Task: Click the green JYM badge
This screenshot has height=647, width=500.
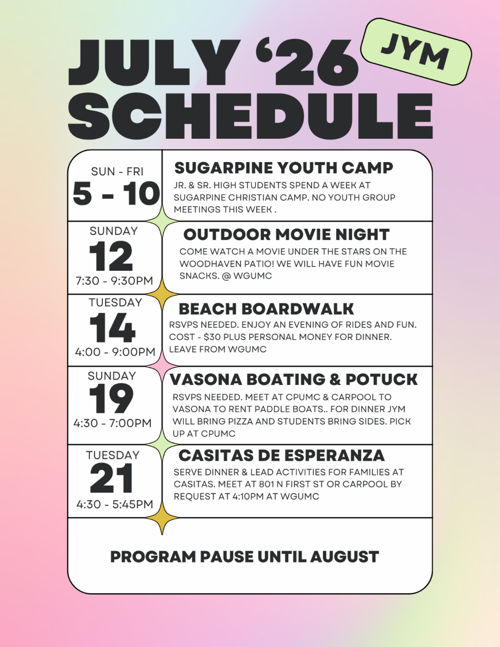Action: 416,52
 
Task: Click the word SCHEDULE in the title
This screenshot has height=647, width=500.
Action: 250,115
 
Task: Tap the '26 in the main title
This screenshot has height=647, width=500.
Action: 307,62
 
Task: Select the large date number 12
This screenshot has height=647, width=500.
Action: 111,256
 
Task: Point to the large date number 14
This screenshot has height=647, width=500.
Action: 112,327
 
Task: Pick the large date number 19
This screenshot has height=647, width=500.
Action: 111,399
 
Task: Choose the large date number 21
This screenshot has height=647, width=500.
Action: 111,478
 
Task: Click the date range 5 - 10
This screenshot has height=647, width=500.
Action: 116,194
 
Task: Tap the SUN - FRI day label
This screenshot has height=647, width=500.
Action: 117,172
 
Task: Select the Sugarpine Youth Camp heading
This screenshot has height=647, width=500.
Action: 284,168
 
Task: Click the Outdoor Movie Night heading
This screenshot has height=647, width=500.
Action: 287,235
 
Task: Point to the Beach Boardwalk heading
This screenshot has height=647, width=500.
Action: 266,309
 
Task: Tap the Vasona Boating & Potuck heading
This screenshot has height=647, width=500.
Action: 294,380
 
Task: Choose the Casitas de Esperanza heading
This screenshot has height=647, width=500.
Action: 281,455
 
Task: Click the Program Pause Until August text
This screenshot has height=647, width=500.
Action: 245,557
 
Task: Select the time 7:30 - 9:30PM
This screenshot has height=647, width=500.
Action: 114,281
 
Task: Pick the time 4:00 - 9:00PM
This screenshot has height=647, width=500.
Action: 115,352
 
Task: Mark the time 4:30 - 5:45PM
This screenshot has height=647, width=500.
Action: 115,505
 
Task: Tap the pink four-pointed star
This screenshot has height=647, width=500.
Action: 162,366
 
